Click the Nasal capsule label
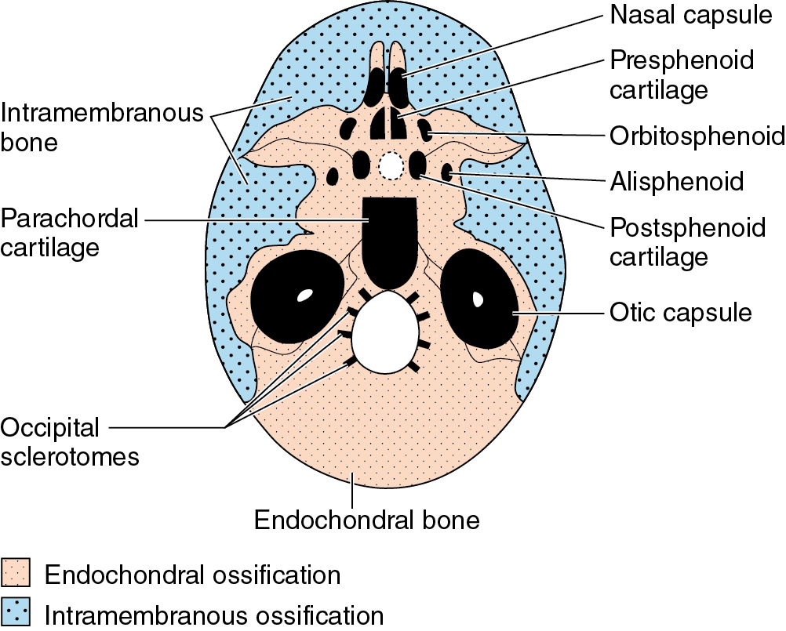pyautogui.click(x=691, y=15)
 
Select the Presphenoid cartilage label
pyautogui.click(x=681, y=74)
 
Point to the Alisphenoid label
pyautogui.click(x=676, y=182)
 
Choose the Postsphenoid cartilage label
pyautogui.click(x=687, y=242)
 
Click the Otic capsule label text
pyautogui.click(x=680, y=313)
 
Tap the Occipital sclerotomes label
pyautogui.click(x=69, y=442)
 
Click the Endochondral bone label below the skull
pyautogui.click(x=366, y=519)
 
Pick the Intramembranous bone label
pyautogui.click(x=102, y=129)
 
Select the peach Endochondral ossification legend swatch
pyautogui.click(x=16, y=573)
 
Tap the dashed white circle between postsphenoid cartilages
pyautogui.click(x=390, y=165)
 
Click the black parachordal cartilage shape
pyautogui.click(x=388, y=239)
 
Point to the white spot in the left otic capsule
pyautogui.click(x=304, y=296)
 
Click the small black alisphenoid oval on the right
pyautogui.click(x=448, y=172)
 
